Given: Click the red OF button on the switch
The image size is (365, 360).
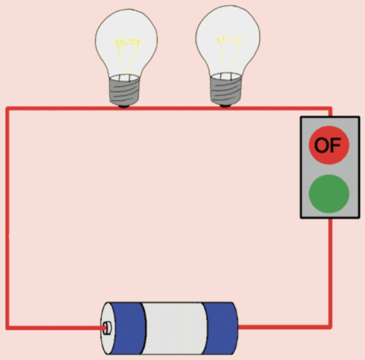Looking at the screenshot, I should (x=329, y=145).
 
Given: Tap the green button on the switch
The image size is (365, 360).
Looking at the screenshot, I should (x=329, y=194).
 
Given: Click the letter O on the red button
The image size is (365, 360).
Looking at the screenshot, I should (x=321, y=145).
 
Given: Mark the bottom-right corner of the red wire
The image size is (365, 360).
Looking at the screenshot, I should (x=330, y=326).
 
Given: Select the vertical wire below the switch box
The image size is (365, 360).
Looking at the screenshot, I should (x=330, y=271).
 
